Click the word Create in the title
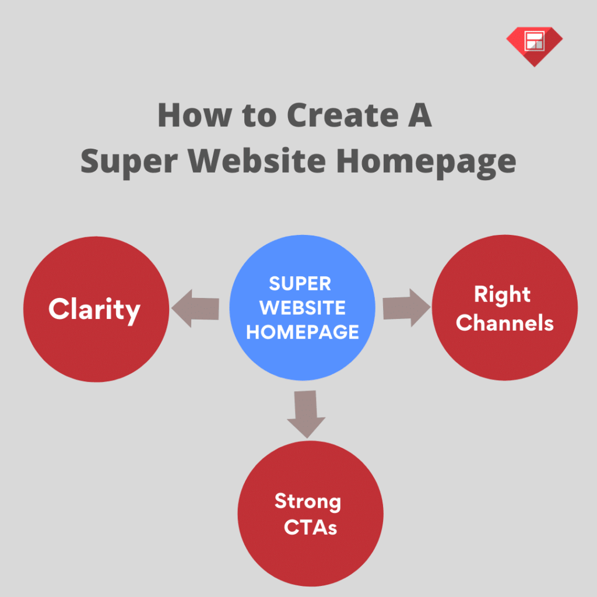(x=343, y=115)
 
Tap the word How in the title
(x=195, y=115)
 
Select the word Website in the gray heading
(x=257, y=161)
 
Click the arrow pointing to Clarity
(x=195, y=308)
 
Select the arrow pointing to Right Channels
(x=406, y=308)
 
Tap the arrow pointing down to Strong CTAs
(x=306, y=415)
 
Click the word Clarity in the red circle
(x=94, y=310)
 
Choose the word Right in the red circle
(x=502, y=294)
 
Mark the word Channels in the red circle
(x=504, y=323)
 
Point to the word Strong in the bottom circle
(x=308, y=502)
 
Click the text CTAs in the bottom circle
(x=310, y=528)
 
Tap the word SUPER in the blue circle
(x=300, y=284)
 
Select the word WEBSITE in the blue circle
(x=303, y=308)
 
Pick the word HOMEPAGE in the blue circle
(x=303, y=332)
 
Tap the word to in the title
(x=259, y=116)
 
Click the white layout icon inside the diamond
(x=534, y=40)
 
